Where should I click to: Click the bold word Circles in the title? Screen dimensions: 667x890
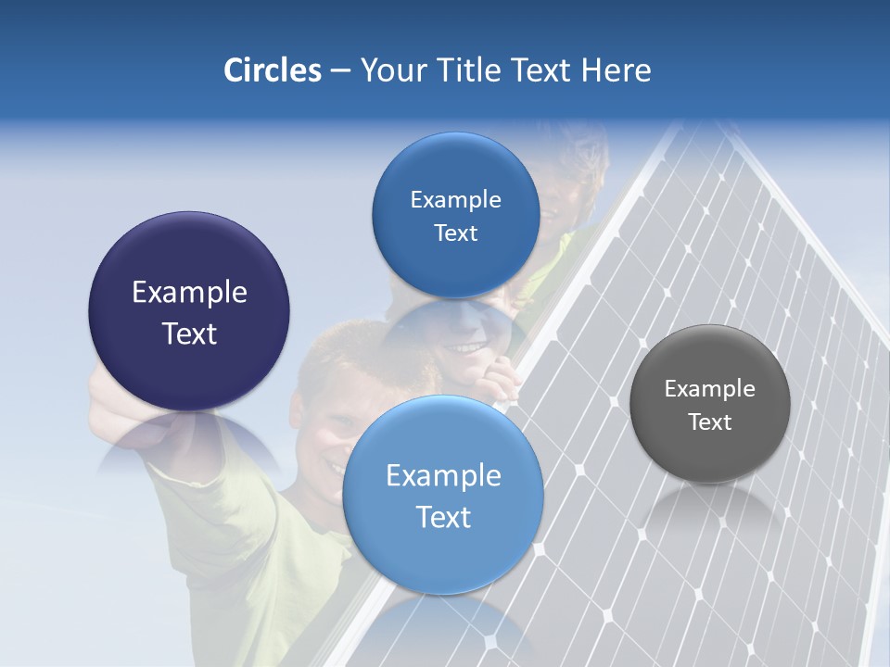273,70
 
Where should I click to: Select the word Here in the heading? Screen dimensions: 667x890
616,70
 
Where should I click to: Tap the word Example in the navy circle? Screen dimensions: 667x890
189,293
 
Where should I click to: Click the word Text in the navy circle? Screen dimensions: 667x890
189,333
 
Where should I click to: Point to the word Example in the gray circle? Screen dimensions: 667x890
709,389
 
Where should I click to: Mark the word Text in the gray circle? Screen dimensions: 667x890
710,422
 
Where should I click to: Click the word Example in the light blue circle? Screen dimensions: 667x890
443,476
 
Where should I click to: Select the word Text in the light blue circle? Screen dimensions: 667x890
443,517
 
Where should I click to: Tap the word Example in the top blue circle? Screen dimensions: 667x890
455,200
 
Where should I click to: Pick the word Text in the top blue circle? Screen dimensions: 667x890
455,233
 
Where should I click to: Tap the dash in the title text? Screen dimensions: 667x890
340,70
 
